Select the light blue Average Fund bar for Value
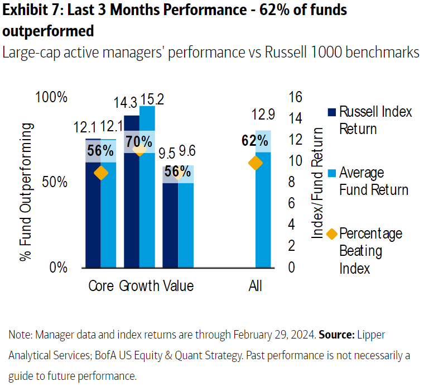tap(186, 223)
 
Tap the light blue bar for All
tap(263, 212)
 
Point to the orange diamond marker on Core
tap(100, 173)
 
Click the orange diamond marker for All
tap(256, 163)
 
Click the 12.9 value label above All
tap(263, 115)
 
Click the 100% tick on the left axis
tap(51, 97)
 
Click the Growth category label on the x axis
tap(139, 286)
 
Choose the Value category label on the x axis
tap(179, 286)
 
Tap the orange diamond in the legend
tap(331, 233)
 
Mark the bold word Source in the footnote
tap(336, 335)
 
